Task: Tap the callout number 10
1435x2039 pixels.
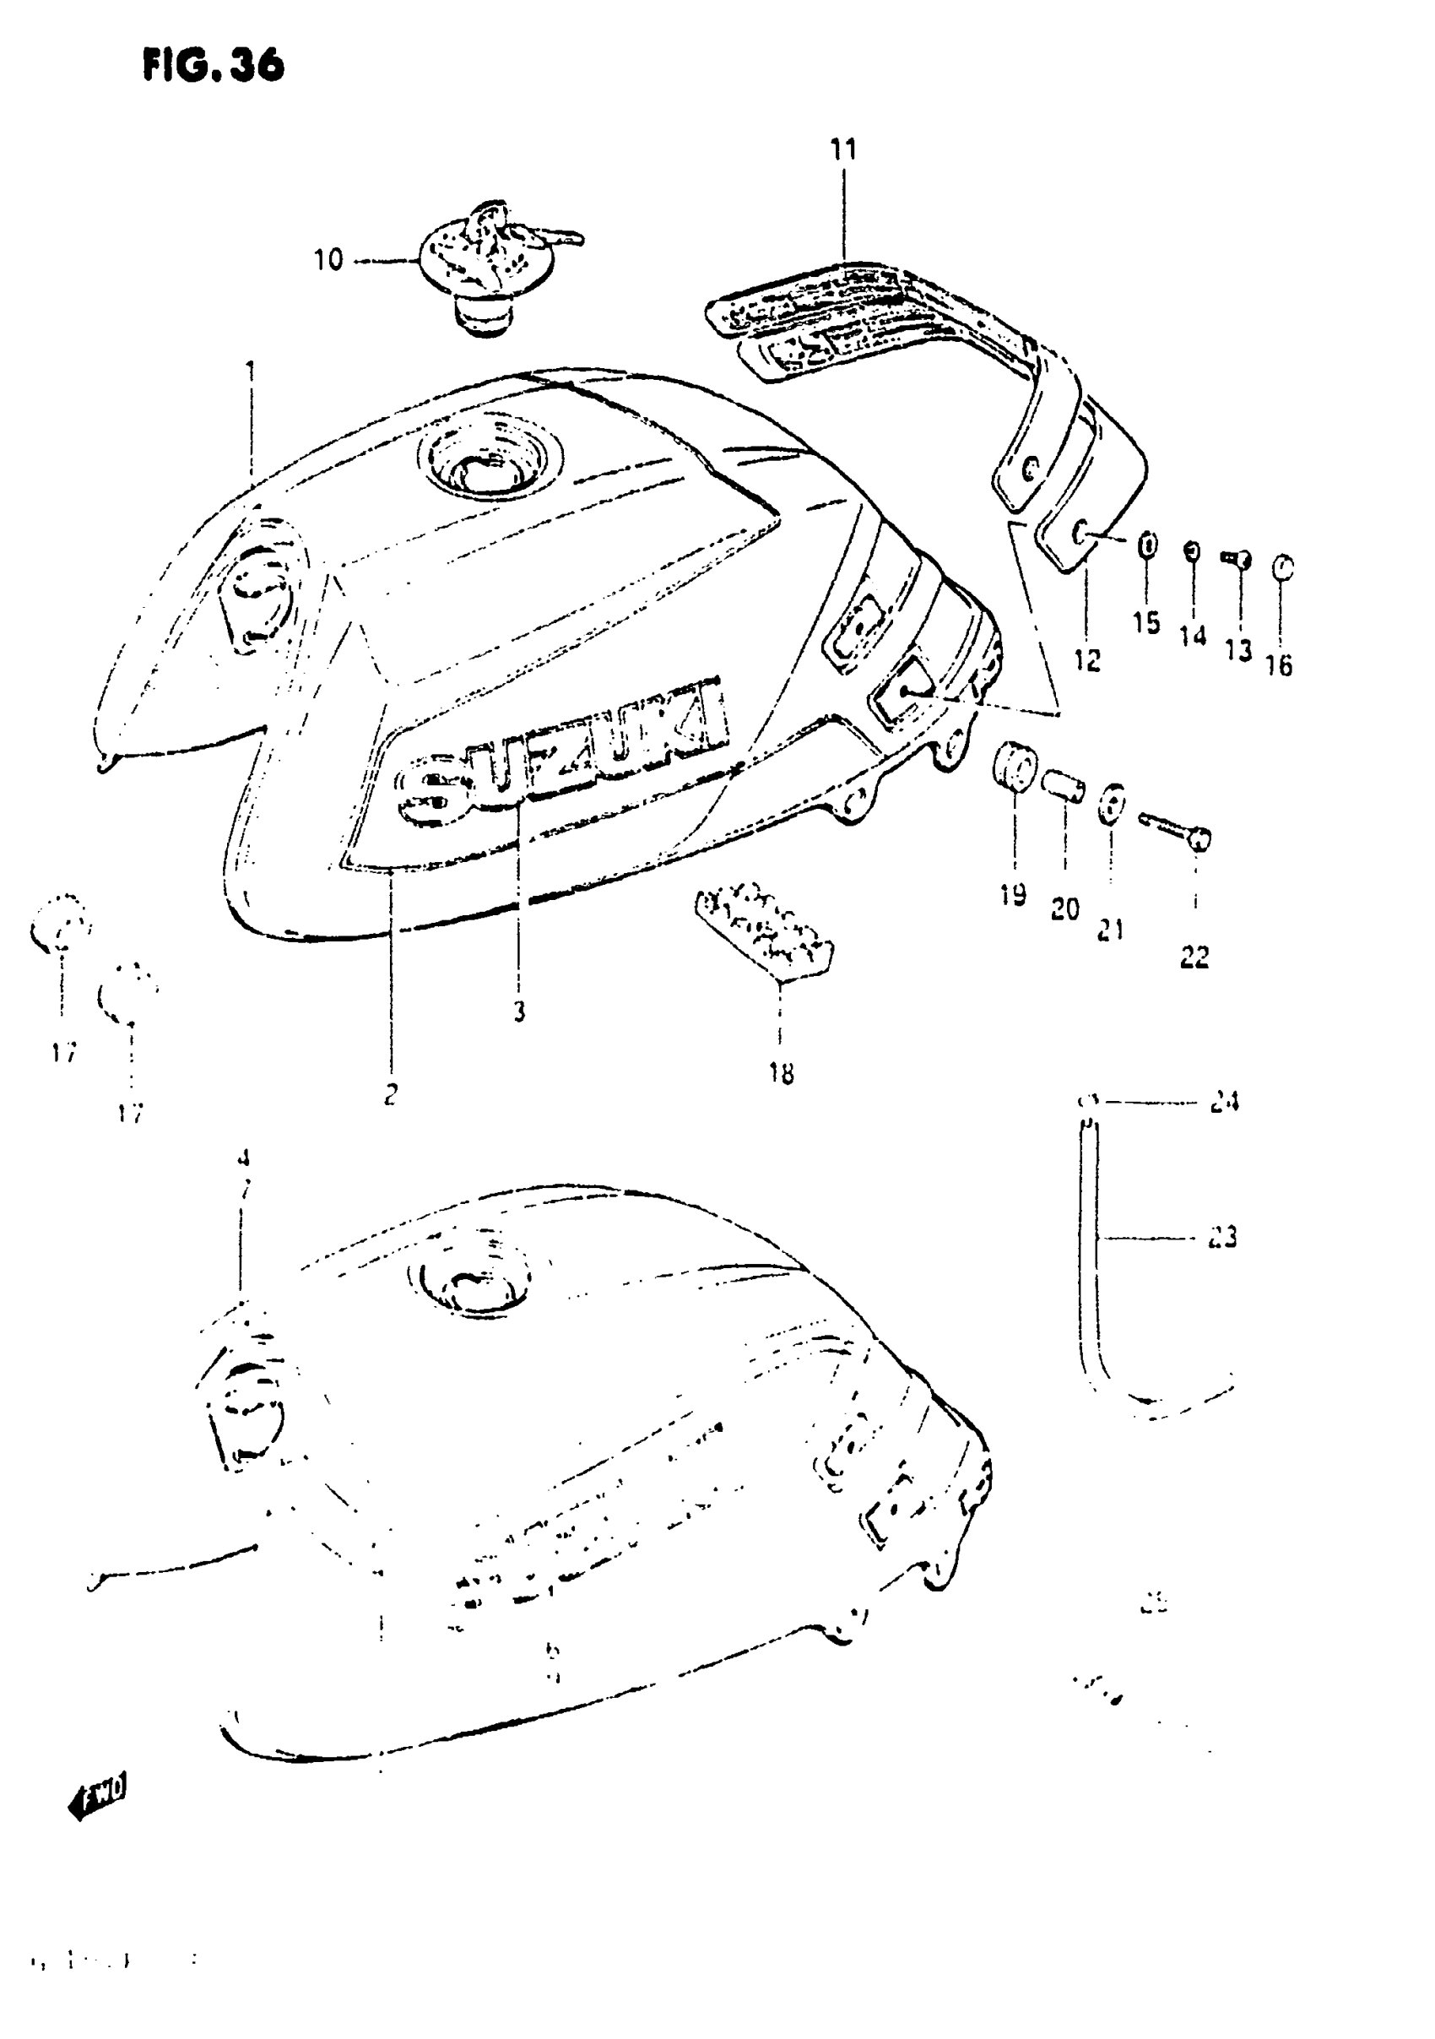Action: click(328, 260)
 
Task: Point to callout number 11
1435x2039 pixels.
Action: click(843, 150)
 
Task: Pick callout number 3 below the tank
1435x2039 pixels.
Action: click(519, 1011)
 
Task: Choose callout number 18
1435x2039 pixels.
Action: click(781, 1074)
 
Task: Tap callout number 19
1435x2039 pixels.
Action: click(1012, 894)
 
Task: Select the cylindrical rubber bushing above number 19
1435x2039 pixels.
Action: click(1013, 765)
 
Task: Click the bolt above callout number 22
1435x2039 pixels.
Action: click(1175, 828)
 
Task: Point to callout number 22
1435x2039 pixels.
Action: click(1194, 957)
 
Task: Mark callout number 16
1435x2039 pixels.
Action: click(1279, 665)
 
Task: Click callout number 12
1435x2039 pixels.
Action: click(1087, 660)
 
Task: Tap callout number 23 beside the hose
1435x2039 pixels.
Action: click(1223, 1237)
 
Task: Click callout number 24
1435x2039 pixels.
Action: click(1224, 1102)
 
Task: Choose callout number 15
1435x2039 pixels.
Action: click(1145, 622)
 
